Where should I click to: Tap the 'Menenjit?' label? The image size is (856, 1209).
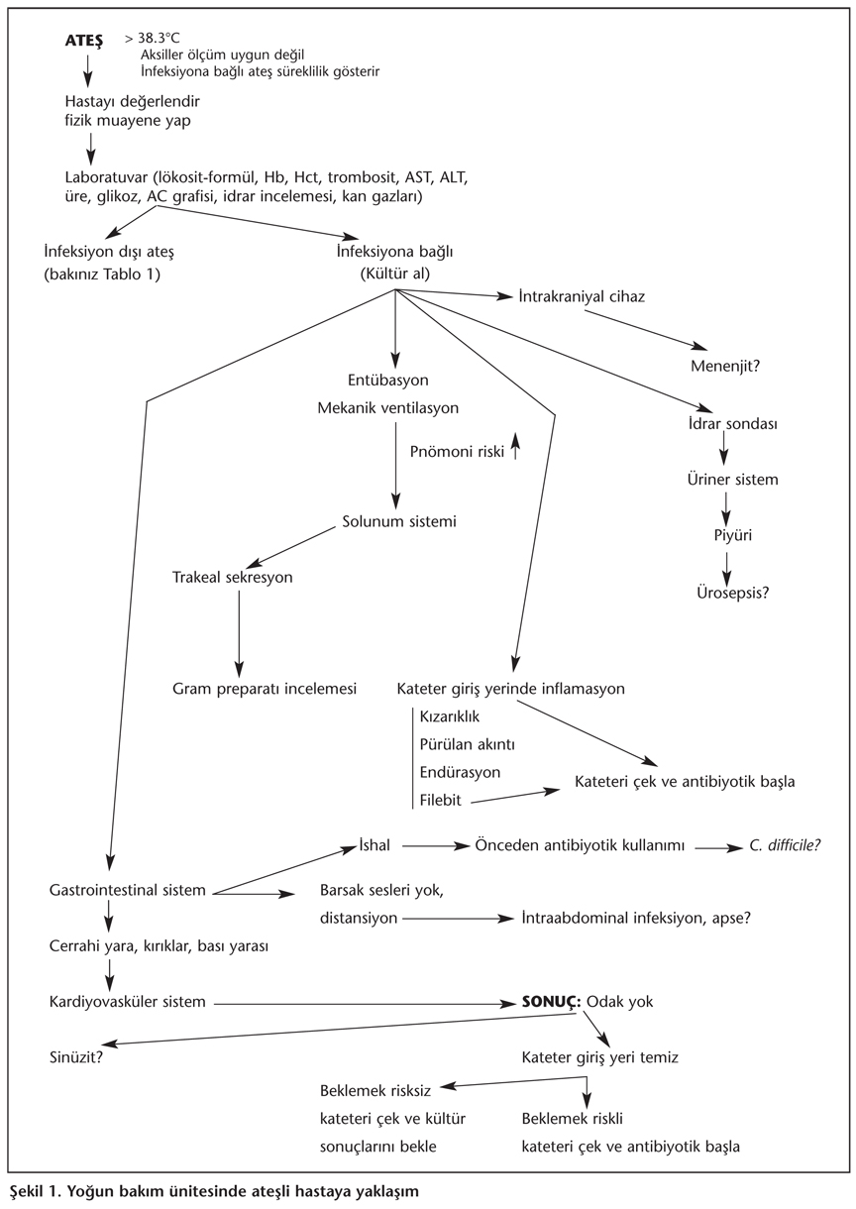coord(725,366)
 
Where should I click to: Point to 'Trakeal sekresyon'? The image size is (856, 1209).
coord(233,578)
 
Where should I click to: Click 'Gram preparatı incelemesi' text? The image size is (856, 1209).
coord(265,688)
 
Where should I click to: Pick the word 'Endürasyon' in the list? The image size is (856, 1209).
coord(461,772)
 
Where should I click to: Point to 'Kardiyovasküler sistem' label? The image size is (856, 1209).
coord(127,1002)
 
